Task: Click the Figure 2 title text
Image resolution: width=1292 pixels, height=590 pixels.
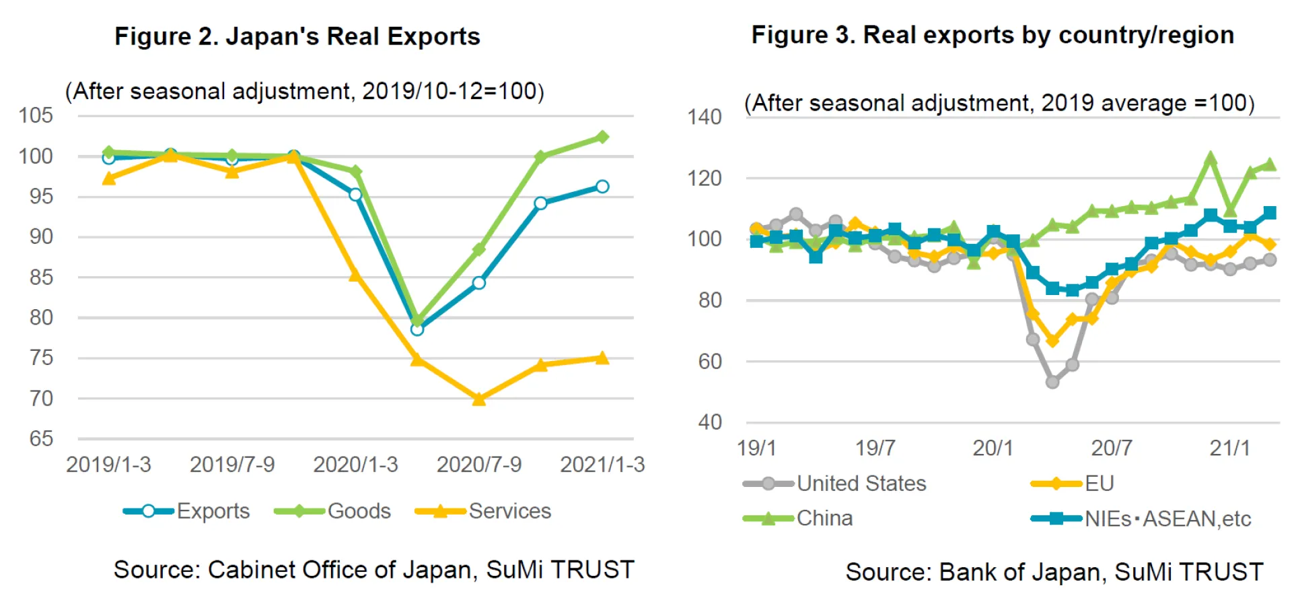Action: (297, 36)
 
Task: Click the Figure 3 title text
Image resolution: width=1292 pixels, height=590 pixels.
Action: (993, 35)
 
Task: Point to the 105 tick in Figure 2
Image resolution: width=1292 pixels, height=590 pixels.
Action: (36, 116)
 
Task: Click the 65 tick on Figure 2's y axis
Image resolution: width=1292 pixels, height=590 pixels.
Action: (40, 438)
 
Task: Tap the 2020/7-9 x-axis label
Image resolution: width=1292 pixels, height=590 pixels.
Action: (478, 465)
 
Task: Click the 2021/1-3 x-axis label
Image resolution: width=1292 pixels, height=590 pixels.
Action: (602, 465)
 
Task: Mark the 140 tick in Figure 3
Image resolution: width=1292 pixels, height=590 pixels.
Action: (704, 117)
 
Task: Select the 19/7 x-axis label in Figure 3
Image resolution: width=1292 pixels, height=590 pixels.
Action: (875, 448)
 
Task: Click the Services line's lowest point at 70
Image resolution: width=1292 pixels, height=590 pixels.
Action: (478, 399)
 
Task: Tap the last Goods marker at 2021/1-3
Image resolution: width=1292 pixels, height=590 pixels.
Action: (602, 137)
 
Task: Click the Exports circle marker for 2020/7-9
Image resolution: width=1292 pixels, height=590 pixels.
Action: (478, 283)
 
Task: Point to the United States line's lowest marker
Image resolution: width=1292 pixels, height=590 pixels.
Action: (1052, 382)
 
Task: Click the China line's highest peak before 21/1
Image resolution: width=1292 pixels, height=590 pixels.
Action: (1211, 159)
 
